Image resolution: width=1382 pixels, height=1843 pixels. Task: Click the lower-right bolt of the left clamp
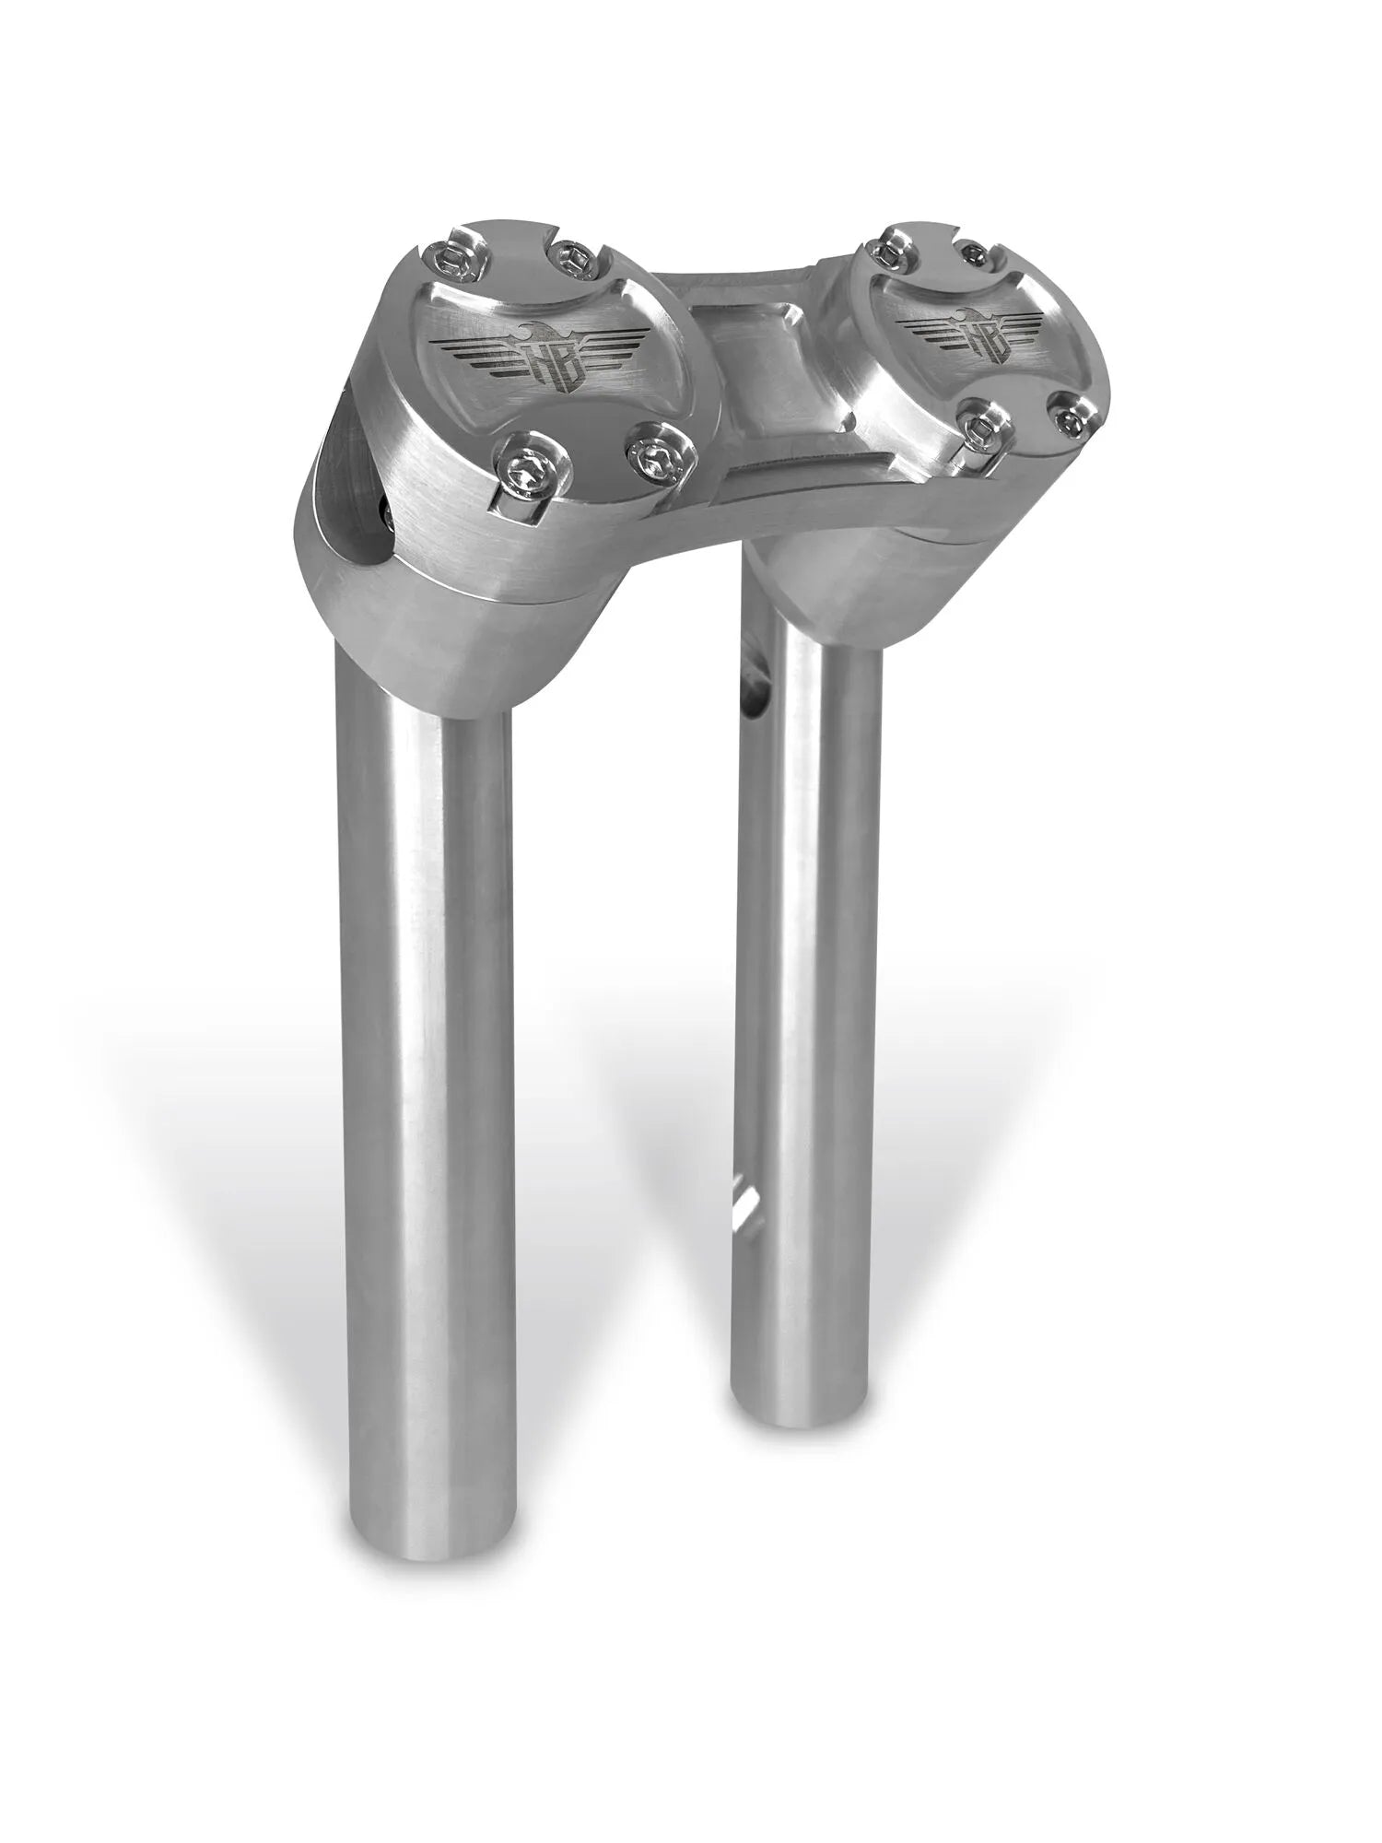(x=659, y=452)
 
